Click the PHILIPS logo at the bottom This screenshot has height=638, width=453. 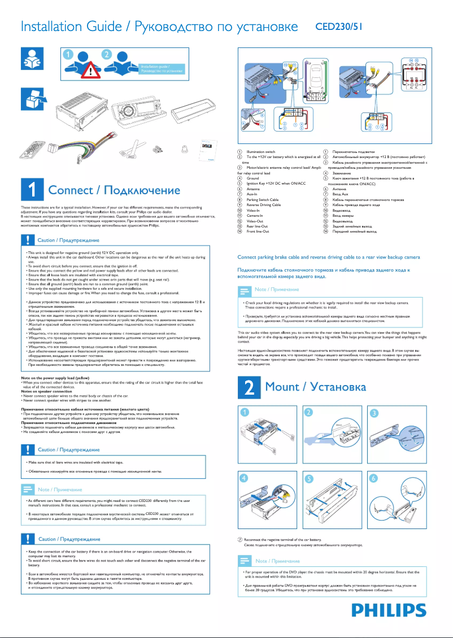point(389,610)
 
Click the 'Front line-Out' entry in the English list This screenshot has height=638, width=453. point(257,231)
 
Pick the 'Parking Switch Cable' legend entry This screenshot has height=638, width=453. point(263,200)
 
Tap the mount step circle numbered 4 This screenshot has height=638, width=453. point(243,478)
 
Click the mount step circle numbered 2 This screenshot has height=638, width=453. point(308,413)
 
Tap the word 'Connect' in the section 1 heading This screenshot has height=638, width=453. point(73,191)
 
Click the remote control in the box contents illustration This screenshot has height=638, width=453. point(31,151)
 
